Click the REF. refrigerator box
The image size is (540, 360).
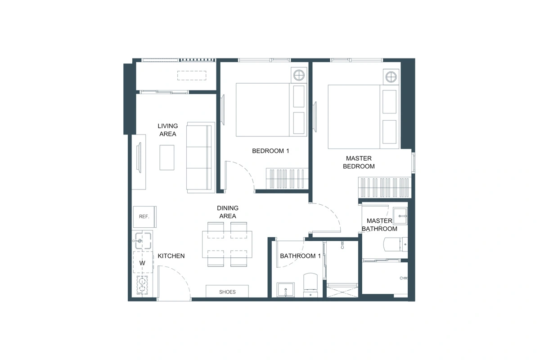[144, 216]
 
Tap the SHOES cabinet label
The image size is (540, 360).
[227, 292]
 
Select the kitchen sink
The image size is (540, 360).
[143, 241]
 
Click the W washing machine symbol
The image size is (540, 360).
[143, 263]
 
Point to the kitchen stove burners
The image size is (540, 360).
[143, 285]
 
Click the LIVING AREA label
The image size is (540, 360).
[167, 130]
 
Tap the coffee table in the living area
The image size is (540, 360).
[167, 157]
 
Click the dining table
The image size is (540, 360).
[227, 244]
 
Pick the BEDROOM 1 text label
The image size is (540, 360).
[270, 151]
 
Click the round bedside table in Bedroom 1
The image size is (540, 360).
[299, 75]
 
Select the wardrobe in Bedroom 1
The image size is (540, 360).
[287, 178]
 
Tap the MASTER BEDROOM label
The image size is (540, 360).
[359, 162]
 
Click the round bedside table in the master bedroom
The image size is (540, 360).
[391, 76]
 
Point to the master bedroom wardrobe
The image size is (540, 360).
[384, 187]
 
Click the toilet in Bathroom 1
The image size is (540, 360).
[310, 284]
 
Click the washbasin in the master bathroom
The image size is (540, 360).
[400, 216]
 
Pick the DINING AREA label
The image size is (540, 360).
[227, 212]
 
